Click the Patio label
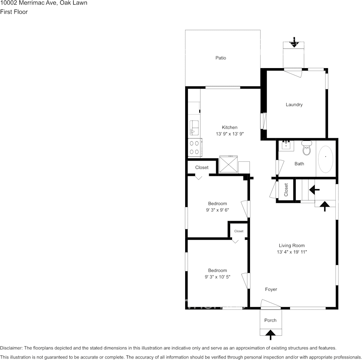221,58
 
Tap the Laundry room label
294,105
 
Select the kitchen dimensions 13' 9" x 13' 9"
230,134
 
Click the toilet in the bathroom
307,149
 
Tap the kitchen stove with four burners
195,148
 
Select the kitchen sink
194,127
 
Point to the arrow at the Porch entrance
271,335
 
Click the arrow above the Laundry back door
294,42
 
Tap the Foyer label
271,290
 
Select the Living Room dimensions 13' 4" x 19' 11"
292,252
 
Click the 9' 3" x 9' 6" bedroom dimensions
217,210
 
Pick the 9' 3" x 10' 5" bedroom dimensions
217,277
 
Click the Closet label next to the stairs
286,190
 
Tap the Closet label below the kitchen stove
202,167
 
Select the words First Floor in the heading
14,12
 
